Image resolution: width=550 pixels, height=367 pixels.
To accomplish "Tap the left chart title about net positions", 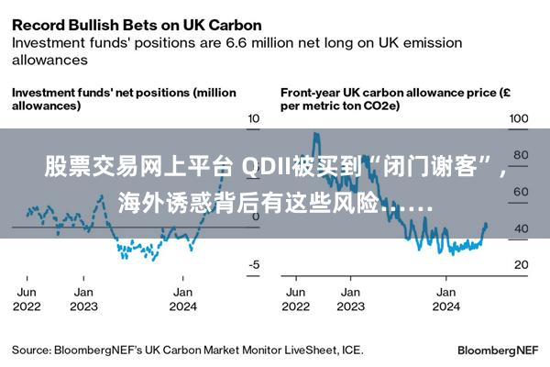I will click(123, 99).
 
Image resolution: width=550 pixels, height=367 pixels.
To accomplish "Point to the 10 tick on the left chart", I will click(254, 119).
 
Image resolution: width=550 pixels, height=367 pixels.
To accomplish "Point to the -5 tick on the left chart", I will click(254, 265).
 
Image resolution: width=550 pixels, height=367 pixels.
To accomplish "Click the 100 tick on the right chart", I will click(519, 119).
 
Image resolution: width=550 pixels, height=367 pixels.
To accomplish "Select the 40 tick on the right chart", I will click(520, 228).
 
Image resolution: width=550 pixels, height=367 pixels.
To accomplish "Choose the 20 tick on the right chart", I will click(520, 265).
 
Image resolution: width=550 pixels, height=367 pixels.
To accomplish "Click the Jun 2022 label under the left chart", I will click(27, 299).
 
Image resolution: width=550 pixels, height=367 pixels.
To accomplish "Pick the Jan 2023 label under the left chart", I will click(83, 299).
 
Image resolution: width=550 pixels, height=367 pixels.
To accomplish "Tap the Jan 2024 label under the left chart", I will click(183, 299).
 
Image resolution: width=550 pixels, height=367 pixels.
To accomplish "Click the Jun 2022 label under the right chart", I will click(295, 299).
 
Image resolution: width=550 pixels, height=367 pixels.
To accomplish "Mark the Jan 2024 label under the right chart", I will click(446, 299).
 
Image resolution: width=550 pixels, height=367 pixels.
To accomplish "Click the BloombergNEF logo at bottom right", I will click(500, 350).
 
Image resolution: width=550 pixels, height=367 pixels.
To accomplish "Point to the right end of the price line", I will click(486, 225).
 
